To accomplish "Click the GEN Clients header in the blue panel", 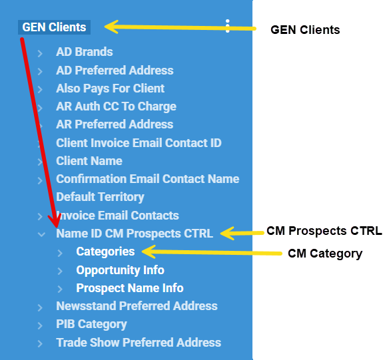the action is pos(54,27).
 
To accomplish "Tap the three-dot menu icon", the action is pos(227,26).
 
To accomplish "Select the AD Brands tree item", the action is pos(85,52).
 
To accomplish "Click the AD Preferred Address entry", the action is pos(115,71).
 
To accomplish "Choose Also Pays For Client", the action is pos(110,89).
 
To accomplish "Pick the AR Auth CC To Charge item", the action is pos(116,106).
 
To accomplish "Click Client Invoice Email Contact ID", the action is pos(139,143).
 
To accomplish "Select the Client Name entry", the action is pos(89,161).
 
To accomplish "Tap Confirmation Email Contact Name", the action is pos(148,179).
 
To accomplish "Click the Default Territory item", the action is pos(100,197).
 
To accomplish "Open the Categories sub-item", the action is pos(105,252).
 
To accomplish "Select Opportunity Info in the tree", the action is pos(120,270).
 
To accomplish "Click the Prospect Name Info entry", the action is pos(130,288).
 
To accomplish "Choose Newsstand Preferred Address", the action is pos(137,306).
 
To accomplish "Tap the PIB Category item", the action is pos(91,324).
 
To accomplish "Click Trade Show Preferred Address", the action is pos(139,342).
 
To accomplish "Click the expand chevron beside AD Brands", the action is pos(40,53).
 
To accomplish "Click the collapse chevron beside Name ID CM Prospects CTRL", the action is pos(41,234).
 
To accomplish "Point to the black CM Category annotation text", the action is pos(325,254).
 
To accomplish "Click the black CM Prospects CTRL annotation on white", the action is pos(324,231).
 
